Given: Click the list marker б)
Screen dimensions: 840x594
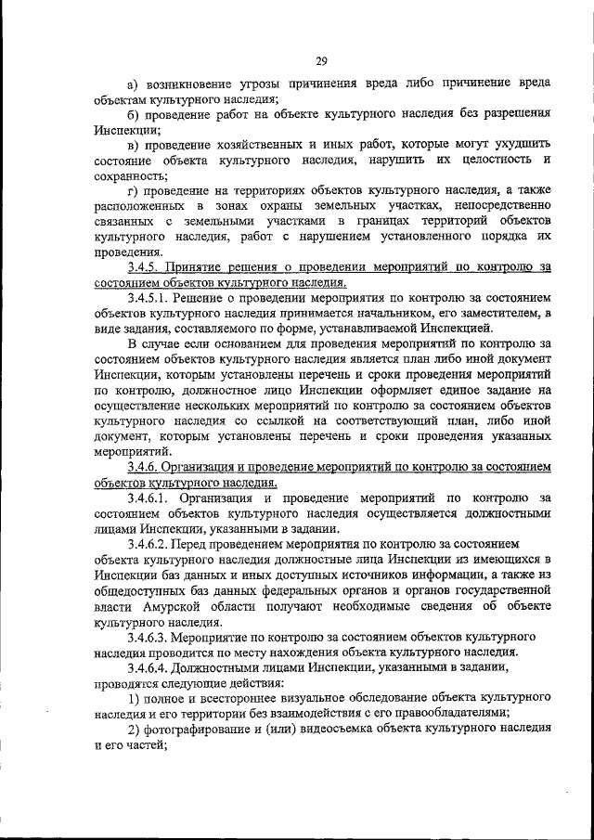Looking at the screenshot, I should pos(135,114).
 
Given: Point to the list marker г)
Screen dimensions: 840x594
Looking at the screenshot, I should pos(134,191).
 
